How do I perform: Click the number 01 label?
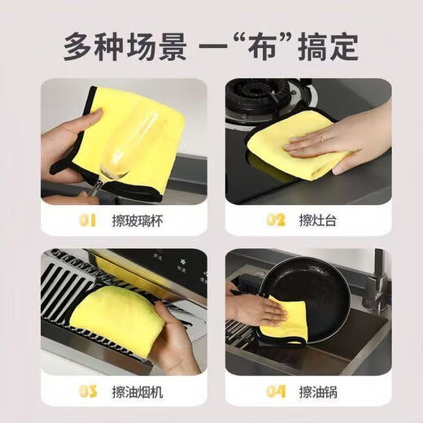pyautogui.click(x=87, y=220)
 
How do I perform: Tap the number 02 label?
pyautogui.click(x=275, y=220)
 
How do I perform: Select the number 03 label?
pyautogui.click(x=87, y=392)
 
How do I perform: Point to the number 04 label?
pyautogui.click(x=275, y=392)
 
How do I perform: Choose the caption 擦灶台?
pyautogui.click(x=316, y=220)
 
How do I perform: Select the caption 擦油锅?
pyautogui.click(x=316, y=392)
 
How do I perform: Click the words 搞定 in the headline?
pyautogui.click(x=332, y=46)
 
